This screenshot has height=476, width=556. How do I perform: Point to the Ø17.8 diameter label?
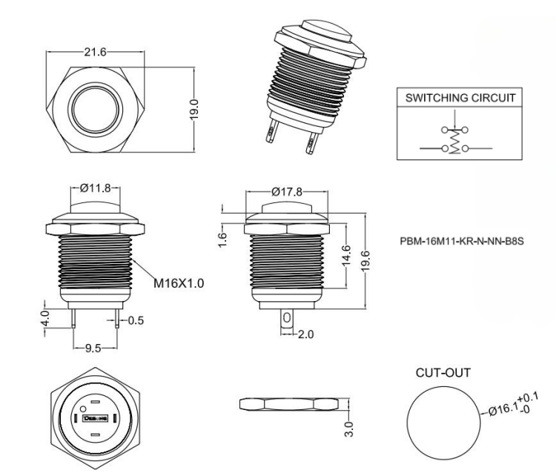coord(286,191)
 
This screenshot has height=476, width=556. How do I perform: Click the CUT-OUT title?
coord(443,372)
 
